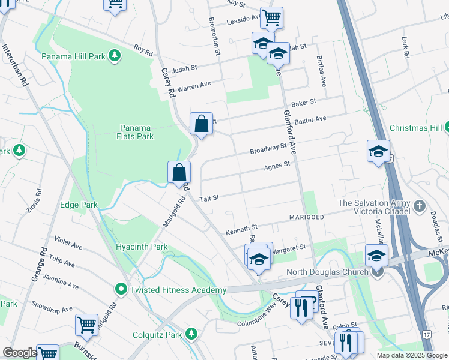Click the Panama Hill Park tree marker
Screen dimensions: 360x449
[x=114, y=56]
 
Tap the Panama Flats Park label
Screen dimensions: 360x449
[x=136, y=132]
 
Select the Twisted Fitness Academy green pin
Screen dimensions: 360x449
[x=121, y=290]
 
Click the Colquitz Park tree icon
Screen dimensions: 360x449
[x=191, y=332]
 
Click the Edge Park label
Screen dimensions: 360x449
[x=79, y=205]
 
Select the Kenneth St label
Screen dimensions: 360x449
[x=241, y=229]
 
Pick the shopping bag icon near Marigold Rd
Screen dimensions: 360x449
[x=179, y=172]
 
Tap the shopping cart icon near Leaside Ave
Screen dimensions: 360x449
[x=271, y=17]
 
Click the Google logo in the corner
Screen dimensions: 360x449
[x=20, y=353]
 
